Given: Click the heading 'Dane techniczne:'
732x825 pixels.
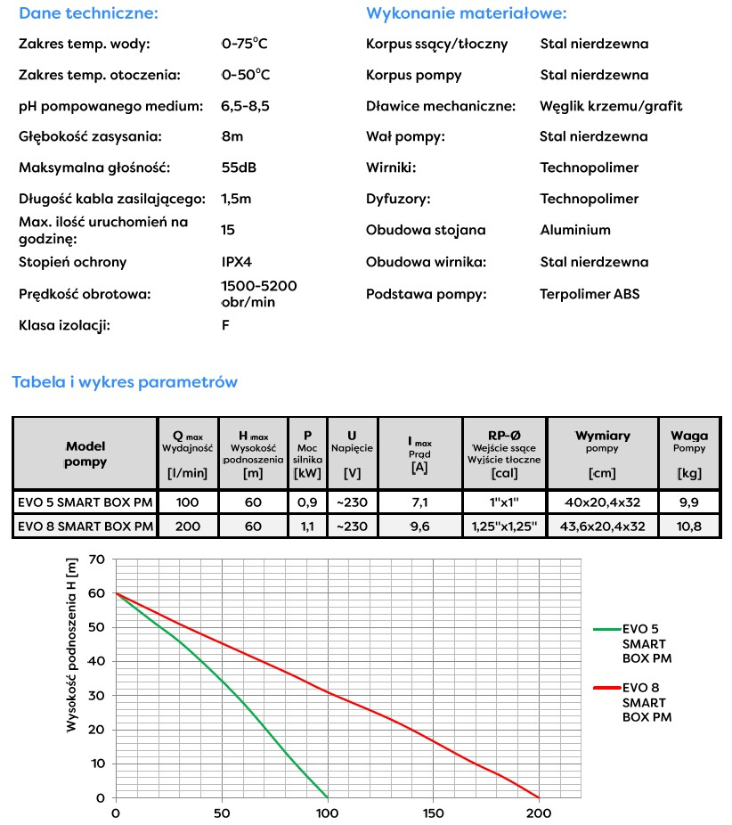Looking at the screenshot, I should coord(88,13).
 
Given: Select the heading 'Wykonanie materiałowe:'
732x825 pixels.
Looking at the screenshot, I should coord(466,13).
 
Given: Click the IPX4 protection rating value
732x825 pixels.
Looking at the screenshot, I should coord(236,262).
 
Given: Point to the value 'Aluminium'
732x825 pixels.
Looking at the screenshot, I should coord(575,230).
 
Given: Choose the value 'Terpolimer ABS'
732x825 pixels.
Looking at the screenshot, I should coord(590,293).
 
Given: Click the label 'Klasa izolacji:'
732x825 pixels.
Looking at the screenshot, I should coord(64,325).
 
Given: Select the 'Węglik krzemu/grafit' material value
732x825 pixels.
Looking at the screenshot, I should coord(611,106).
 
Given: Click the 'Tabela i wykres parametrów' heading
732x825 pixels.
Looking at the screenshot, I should coord(125,382).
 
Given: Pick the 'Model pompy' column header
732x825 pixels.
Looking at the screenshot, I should coord(85,453).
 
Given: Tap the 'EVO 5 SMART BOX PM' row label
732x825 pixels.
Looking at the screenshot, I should coord(85,502).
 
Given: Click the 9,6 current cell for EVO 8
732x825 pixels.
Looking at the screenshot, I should coord(419,527).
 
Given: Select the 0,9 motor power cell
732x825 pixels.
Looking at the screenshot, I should coord(308,502).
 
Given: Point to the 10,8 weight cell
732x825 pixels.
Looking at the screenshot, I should coord(690,527).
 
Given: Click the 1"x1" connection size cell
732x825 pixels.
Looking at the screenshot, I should coord(503,502).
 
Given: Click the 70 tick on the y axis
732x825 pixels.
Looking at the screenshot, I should coord(97,560).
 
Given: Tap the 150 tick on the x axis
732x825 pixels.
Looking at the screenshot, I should coord(433,813).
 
